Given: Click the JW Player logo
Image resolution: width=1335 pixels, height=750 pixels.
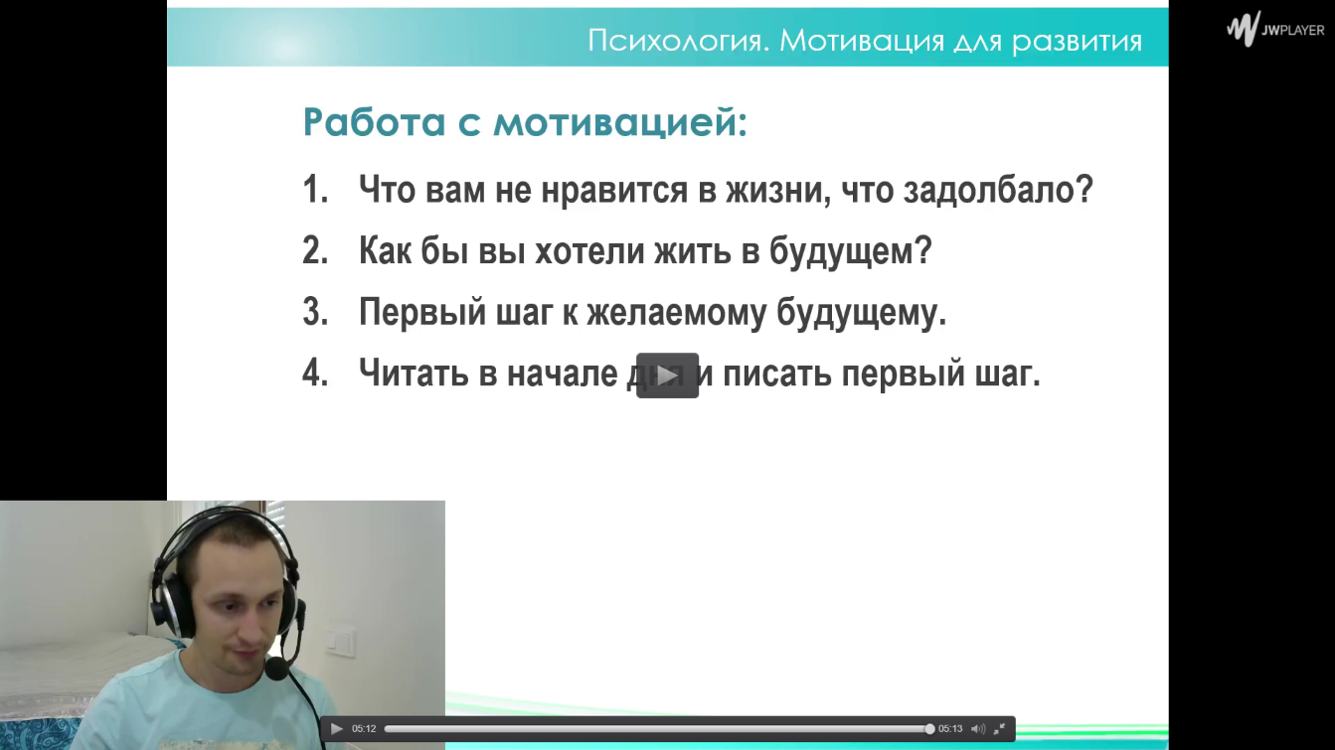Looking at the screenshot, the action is (x=1274, y=29).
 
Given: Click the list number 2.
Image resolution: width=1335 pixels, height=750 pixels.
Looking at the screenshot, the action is (x=315, y=250).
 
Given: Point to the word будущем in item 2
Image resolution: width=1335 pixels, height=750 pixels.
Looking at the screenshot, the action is (x=851, y=251).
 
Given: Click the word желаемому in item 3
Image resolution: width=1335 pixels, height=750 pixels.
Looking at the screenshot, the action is (x=676, y=312).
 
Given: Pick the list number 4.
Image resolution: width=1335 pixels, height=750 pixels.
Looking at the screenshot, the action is (x=315, y=373).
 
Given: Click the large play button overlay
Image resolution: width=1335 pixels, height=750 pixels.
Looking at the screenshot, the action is (x=668, y=375).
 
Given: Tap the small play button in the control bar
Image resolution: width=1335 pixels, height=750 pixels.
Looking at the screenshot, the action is (x=337, y=728).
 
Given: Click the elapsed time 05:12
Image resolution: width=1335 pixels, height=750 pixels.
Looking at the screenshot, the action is (x=364, y=728).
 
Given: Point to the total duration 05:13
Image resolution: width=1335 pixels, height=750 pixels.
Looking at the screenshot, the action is (x=950, y=728).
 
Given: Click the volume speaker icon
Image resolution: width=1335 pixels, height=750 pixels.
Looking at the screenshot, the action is (x=978, y=728).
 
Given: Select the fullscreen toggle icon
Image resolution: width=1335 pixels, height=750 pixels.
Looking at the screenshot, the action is (x=999, y=728).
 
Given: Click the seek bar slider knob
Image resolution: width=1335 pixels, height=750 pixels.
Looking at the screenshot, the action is (x=929, y=729).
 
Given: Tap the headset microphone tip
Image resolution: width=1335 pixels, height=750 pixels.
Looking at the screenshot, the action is (x=276, y=669).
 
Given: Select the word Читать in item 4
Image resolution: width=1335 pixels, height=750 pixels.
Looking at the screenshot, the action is (x=414, y=373).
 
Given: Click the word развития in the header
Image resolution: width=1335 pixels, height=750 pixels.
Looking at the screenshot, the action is (x=1078, y=41).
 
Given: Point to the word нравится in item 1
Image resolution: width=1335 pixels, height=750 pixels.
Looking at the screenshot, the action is (x=614, y=191).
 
